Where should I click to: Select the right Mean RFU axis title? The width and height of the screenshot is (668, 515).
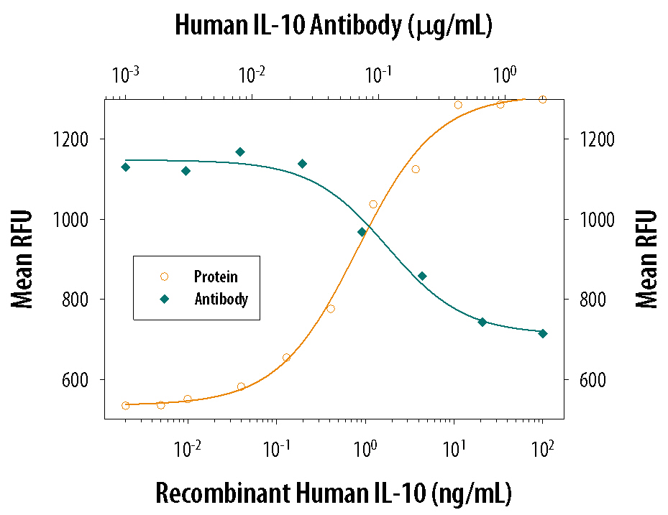[646, 259]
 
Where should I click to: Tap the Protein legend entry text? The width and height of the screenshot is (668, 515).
[216, 277]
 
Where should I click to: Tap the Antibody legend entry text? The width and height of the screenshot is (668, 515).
[221, 299]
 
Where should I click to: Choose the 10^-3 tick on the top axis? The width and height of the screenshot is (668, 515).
[126, 74]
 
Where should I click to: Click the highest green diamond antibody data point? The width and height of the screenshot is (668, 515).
[240, 152]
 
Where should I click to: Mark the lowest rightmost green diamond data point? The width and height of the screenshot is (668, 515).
[543, 333]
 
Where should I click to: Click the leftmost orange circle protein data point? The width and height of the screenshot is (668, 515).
[126, 406]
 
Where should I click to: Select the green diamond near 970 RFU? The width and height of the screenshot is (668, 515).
[362, 232]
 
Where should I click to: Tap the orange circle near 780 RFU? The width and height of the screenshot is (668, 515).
[331, 309]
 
